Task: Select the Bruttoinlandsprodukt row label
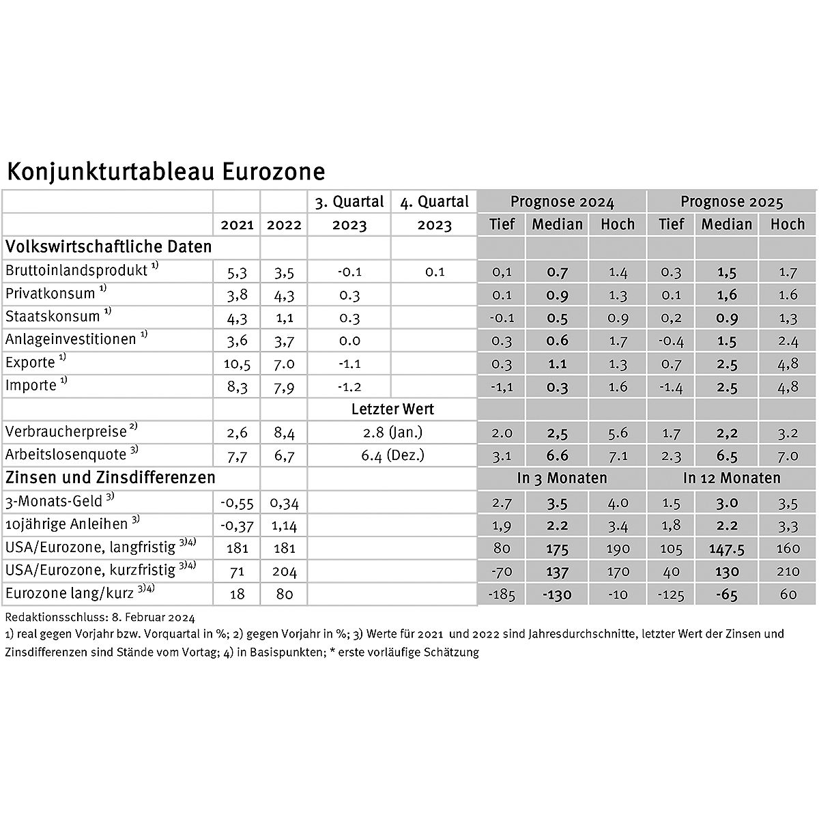tap(76, 270)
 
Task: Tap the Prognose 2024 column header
tap(562, 202)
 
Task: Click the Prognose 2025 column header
tap(731, 202)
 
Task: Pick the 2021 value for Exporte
tap(237, 364)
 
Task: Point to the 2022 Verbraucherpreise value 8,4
tap(284, 433)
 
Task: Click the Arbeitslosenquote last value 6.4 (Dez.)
tap(392, 455)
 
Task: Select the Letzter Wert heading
tap(392, 409)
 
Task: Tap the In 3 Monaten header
tap(562, 478)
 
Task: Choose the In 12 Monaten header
tap(731, 478)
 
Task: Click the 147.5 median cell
tap(726, 548)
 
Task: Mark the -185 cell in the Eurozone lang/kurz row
tap(502, 594)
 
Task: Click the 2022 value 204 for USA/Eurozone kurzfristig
tap(284, 572)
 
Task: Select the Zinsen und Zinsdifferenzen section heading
tap(111, 477)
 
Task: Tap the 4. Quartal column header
tap(434, 202)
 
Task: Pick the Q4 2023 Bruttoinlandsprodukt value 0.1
tap(434, 272)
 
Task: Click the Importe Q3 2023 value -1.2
tap(349, 387)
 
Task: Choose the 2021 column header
tap(237, 225)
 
